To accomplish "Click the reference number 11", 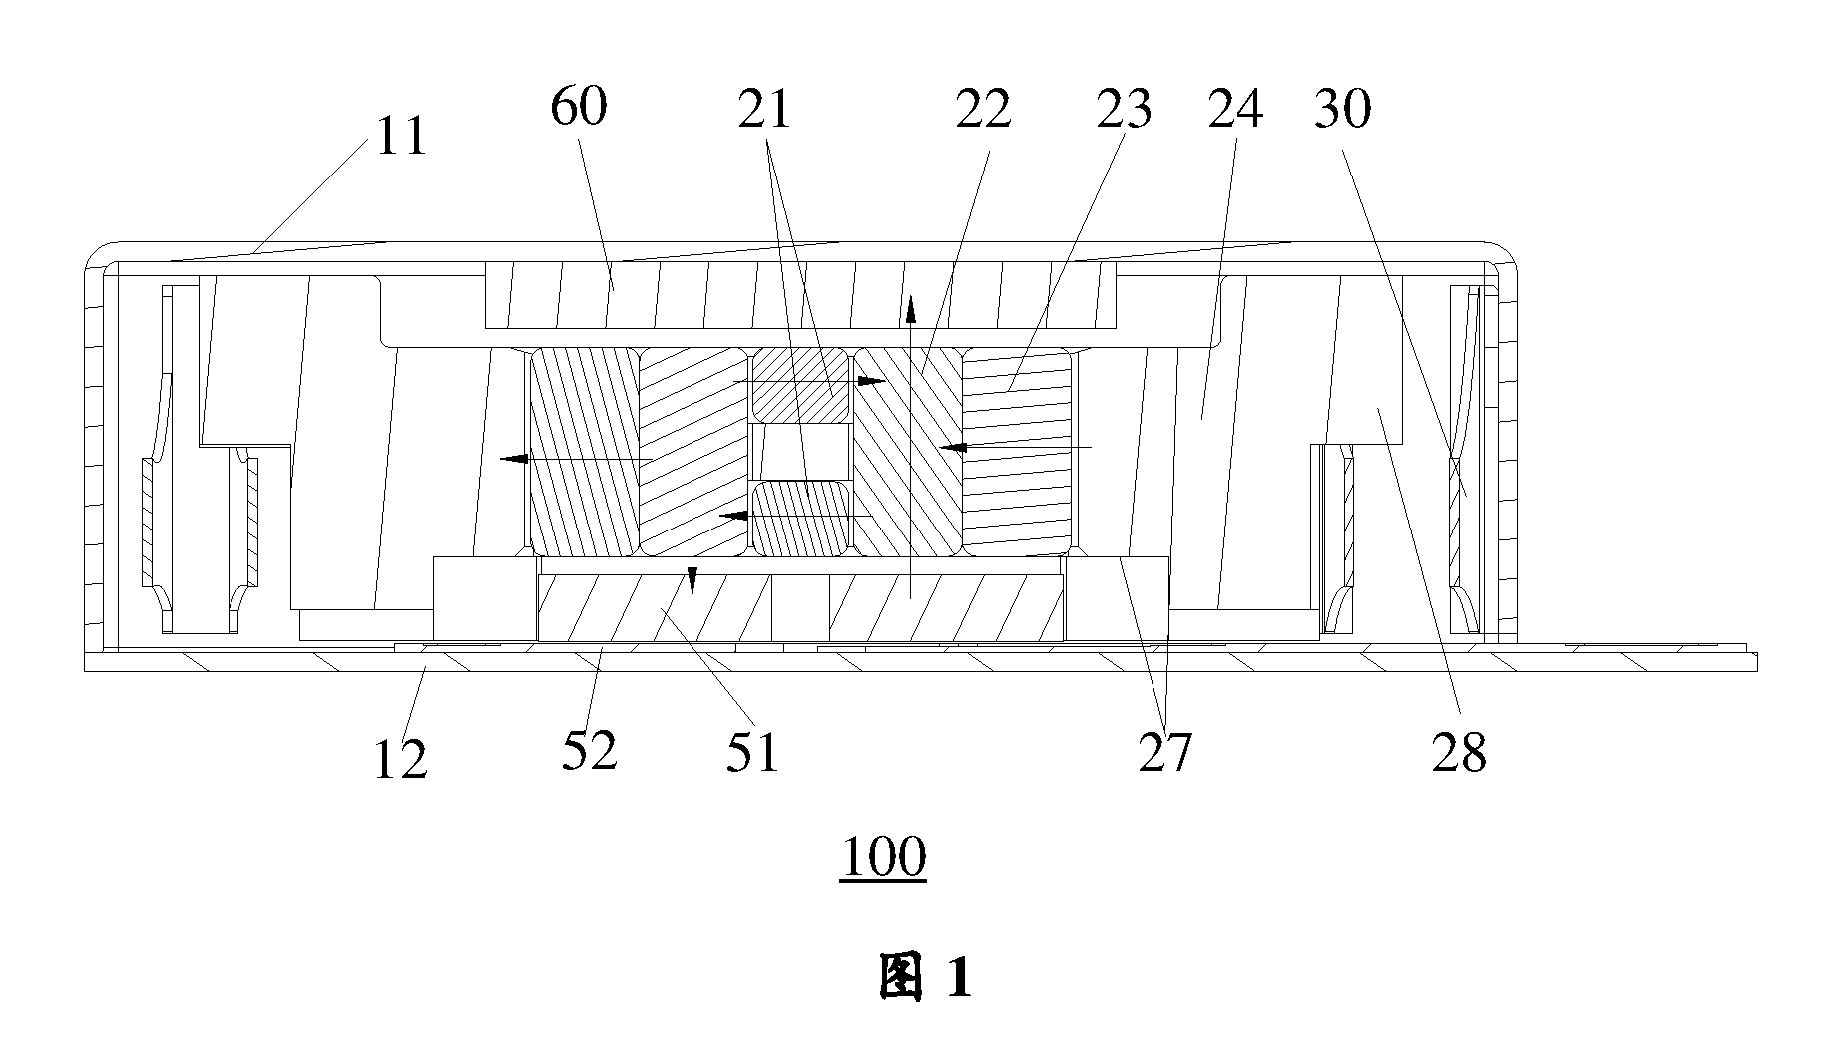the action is click(401, 136).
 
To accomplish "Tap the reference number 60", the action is click(579, 106).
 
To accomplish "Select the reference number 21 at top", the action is click(764, 109).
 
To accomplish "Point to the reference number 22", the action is click(984, 109).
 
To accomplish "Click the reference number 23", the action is click(1125, 109).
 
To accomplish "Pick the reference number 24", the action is click(1236, 109).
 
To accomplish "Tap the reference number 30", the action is click(1343, 109).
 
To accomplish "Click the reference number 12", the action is click(400, 759).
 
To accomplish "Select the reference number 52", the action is click(590, 750).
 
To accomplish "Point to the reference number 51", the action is click(751, 751).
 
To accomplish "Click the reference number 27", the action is click(1165, 752).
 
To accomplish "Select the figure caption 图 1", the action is click(925, 976).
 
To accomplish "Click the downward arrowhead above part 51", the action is click(692, 580).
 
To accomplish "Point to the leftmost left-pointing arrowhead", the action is click(513, 459).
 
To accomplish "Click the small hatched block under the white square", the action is click(800, 519).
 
